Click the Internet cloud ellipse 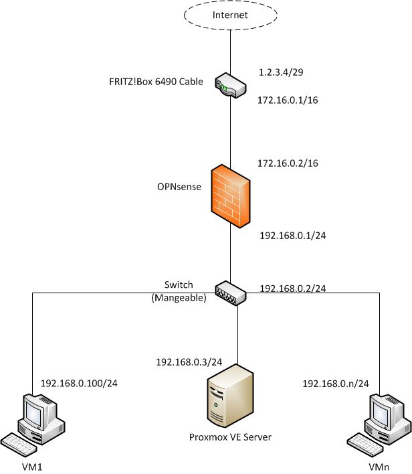point(229,15)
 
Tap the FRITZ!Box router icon point(230,86)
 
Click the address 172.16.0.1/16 point(288,99)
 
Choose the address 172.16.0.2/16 point(288,163)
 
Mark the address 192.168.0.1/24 point(292,236)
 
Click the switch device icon point(230,293)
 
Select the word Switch point(179,285)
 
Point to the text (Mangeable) point(179,297)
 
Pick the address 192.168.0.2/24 point(292,289)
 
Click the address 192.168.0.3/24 point(189,362)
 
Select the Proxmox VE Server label point(230,438)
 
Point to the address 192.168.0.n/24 point(336,383)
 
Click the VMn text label point(378,465)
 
